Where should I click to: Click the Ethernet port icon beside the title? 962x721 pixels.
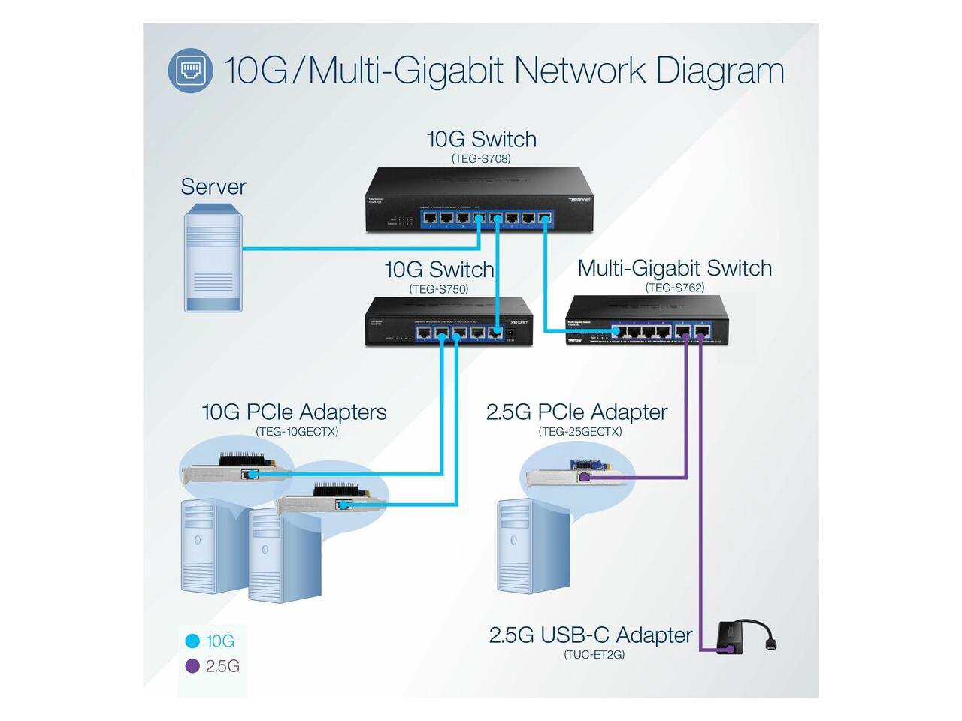(190, 71)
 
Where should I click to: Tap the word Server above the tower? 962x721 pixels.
(213, 186)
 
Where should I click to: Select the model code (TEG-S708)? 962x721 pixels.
(481, 158)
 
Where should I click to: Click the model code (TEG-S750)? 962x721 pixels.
(439, 289)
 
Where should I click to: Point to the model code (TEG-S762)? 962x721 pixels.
(675, 288)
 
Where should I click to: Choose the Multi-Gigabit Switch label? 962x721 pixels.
(675, 268)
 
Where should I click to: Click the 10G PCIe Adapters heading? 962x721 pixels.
(294, 412)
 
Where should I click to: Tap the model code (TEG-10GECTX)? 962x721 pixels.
(297, 432)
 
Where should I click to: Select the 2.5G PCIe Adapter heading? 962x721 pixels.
(576, 412)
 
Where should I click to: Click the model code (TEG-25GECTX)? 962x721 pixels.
(580, 432)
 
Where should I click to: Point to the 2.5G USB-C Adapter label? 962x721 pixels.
(591, 635)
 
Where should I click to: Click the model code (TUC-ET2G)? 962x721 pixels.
(594, 654)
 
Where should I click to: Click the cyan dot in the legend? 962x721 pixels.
(192, 641)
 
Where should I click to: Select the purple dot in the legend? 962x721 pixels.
(192, 666)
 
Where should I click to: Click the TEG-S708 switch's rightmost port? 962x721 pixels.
(546, 219)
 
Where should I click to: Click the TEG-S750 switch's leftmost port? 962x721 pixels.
(424, 332)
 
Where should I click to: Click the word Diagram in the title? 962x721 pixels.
(720, 71)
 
